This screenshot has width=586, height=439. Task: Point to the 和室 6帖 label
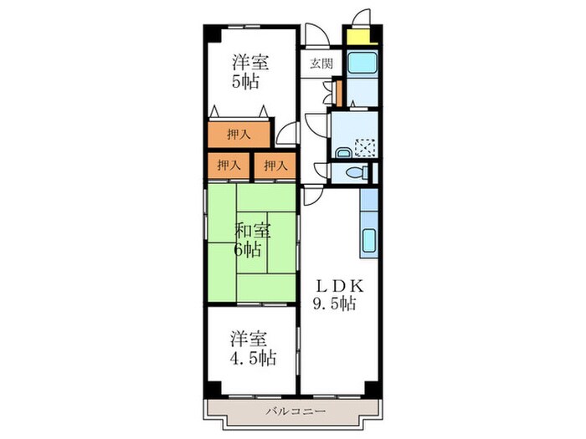[x=249, y=239]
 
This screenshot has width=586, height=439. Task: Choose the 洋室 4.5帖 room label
[x=250, y=349]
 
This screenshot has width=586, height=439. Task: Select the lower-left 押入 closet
[x=228, y=166]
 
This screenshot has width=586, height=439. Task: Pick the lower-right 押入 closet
[x=275, y=166]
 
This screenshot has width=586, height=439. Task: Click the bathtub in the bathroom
[x=362, y=63]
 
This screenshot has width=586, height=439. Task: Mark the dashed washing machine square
[x=364, y=148]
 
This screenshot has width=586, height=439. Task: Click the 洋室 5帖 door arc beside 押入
[x=287, y=132]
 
